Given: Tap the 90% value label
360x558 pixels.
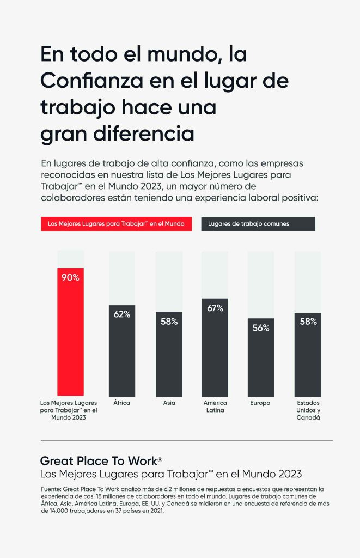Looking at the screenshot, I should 70,277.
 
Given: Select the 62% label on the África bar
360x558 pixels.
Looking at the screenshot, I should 122,314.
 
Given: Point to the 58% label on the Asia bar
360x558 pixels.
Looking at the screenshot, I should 169,322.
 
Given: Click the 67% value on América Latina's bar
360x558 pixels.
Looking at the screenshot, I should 215,308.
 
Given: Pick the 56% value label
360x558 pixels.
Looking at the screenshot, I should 261,328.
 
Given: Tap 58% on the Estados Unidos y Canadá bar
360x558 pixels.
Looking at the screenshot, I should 308,322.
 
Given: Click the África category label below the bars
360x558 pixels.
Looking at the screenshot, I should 122,403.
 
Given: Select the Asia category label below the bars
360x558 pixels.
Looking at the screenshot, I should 169,403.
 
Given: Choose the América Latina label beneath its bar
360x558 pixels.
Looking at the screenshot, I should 215,407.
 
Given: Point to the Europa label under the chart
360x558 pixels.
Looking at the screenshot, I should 261,403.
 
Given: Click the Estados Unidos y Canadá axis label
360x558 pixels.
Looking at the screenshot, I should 308,410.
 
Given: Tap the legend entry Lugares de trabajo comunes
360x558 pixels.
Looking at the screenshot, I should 258,223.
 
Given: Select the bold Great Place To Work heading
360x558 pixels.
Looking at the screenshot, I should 101,461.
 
